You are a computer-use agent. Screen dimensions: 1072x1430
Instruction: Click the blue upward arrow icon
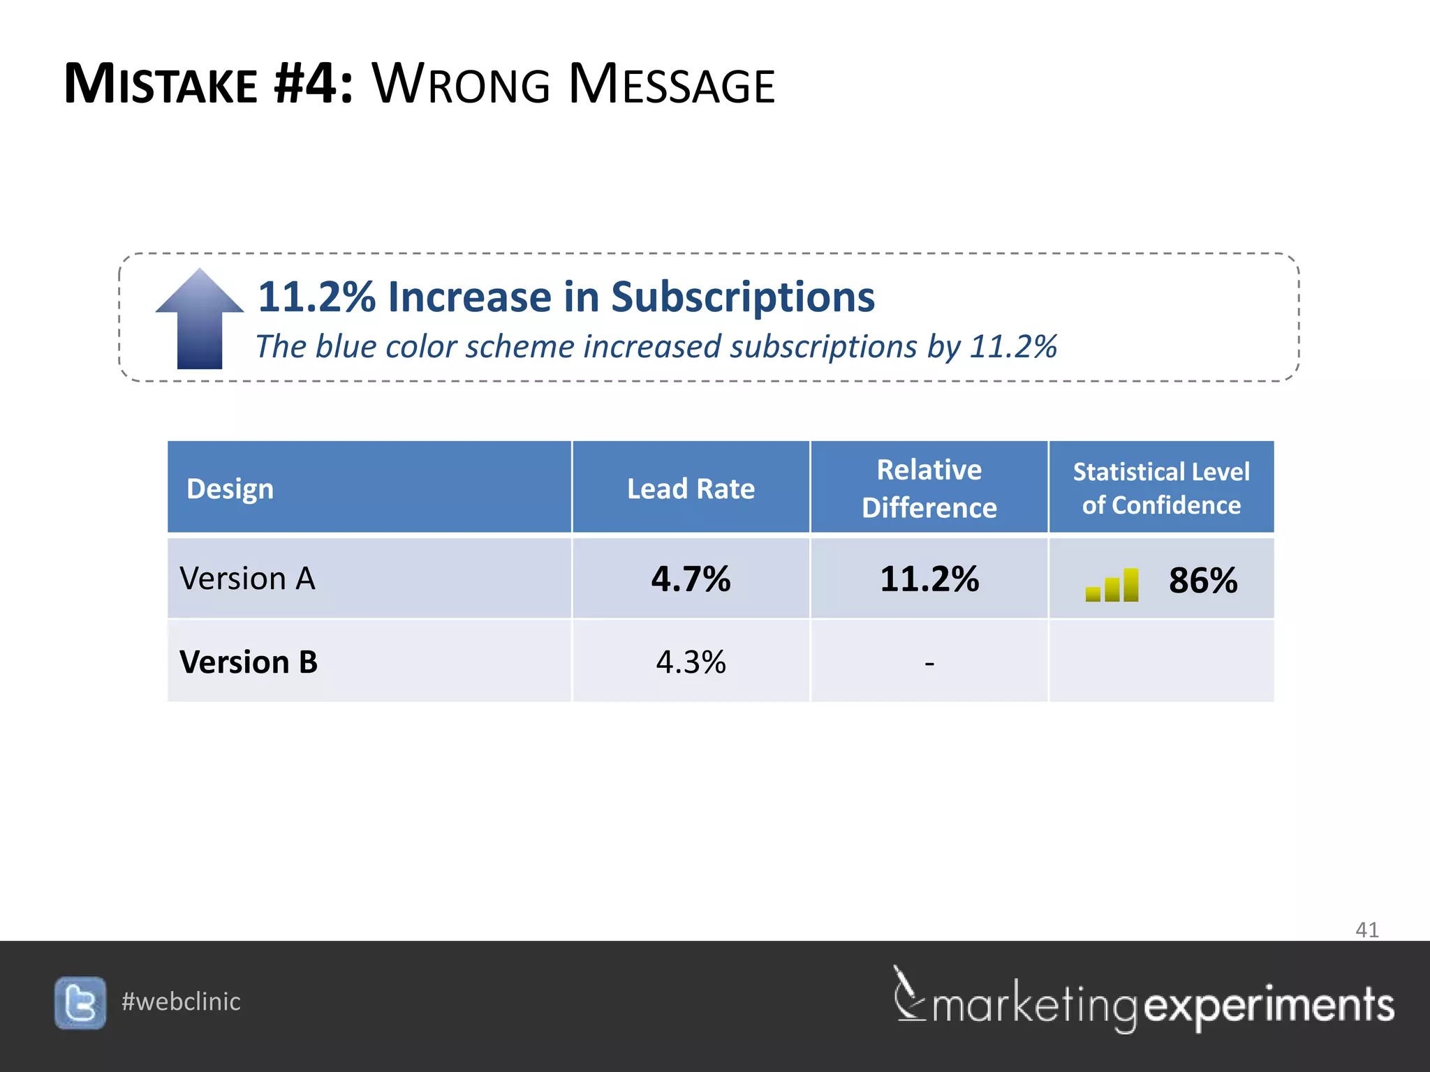200,319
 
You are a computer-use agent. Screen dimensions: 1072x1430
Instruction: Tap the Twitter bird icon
80,1003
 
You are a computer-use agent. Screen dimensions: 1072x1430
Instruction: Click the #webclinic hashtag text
181,1002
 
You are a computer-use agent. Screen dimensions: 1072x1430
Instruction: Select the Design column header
230,489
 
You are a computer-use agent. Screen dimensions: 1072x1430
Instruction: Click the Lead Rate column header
691,489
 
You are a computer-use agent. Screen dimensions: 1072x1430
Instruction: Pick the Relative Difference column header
929,489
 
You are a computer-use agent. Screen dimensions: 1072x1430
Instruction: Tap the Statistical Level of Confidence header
1161,488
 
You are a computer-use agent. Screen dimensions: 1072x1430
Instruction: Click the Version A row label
248,579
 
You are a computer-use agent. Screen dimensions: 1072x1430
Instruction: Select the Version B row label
249,662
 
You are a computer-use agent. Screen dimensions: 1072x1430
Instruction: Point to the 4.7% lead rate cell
691,579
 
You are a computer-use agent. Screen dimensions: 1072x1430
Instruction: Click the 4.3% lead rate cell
691,662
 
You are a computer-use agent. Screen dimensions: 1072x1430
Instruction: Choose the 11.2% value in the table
929,579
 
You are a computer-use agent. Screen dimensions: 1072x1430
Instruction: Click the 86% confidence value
1203,581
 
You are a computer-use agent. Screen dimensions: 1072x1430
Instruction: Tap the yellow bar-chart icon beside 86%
1112,585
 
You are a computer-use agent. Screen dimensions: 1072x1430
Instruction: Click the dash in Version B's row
929,662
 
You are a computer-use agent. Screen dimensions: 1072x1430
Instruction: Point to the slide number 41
1366,930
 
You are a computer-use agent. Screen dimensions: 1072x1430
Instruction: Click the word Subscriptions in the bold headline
743,297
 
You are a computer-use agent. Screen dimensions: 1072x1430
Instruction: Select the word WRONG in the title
462,84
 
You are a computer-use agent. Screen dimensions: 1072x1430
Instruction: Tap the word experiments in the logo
1269,1005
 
